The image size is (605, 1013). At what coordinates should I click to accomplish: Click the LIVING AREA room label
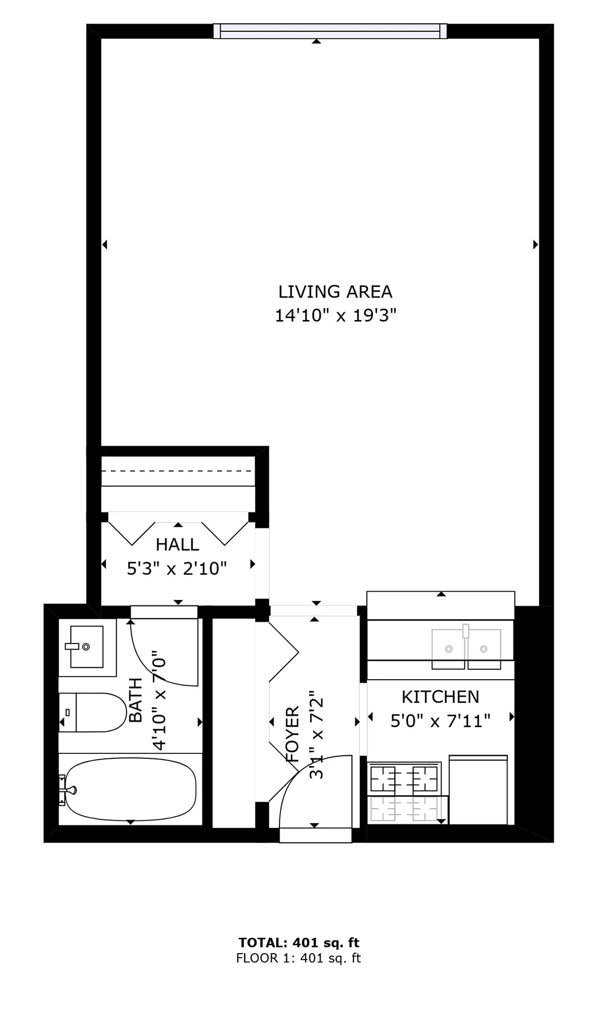335,291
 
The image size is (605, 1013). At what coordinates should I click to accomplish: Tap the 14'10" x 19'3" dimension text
335,316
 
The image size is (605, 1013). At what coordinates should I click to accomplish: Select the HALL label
177,544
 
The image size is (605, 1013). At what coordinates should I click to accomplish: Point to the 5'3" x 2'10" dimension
177,568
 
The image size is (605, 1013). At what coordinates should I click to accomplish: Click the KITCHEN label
440,697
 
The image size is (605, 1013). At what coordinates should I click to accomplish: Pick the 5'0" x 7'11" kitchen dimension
440,720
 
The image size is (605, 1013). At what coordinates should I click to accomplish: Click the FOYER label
293,734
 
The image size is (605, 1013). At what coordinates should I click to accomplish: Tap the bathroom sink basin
86,647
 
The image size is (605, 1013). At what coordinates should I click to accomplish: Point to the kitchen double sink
466,649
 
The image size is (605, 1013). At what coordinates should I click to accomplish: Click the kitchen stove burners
404,778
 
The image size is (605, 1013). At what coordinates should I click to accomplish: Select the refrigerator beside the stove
478,790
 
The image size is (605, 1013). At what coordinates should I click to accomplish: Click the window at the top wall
330,31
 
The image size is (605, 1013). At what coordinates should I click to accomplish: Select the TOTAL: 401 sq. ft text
299,943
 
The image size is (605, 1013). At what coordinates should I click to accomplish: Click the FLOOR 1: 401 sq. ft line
299,958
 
